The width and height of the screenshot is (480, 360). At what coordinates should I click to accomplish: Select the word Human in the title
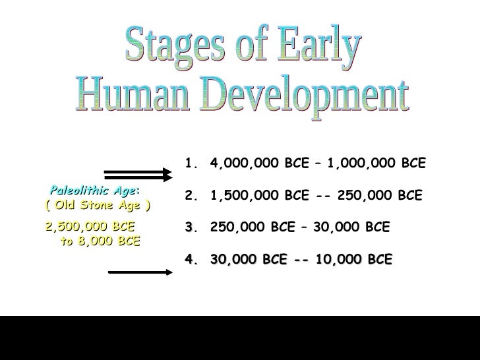135,98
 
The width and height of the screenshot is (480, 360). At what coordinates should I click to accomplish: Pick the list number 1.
191,162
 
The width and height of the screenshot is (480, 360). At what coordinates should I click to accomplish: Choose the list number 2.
191,196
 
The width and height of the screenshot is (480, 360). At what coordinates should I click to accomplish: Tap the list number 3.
191,227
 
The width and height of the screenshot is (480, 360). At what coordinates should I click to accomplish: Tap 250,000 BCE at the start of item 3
249,227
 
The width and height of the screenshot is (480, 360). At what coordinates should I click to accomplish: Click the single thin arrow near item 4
140,270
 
